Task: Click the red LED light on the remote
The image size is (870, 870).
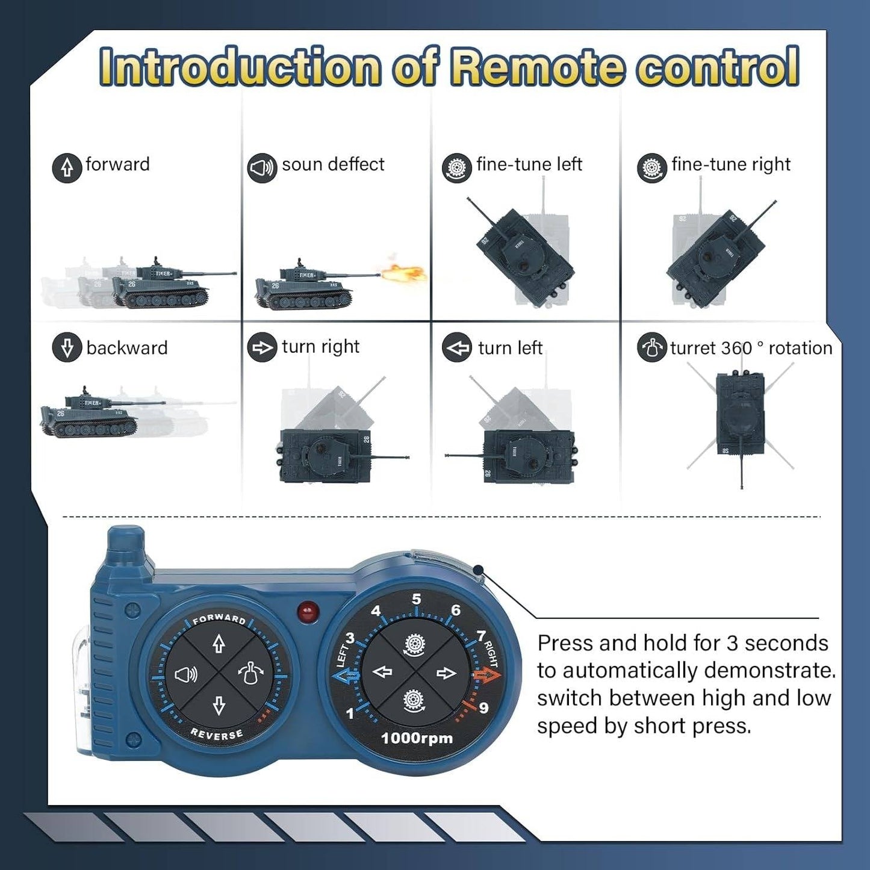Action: (x=308, y=611)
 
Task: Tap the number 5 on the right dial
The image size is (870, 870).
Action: (x=416, y=599)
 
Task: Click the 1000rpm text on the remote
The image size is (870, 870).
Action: (x=417, y=738)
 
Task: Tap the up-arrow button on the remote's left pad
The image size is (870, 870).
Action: (x=219, y=644)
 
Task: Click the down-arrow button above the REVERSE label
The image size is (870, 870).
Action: (x=219, y=705)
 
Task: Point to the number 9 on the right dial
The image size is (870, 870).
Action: (x=483, y=707)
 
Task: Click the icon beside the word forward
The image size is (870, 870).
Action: (x=67, y=167)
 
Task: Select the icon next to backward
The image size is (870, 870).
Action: (x=67, y=349)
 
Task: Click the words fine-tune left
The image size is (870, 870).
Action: (x=529, y=164)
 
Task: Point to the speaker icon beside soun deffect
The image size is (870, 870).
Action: (x=262, y=168)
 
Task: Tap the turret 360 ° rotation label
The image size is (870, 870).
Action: (x=750, y=348)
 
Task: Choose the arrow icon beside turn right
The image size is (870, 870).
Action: (x=262, y=348)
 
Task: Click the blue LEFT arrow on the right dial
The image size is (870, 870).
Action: (x=345, y=676)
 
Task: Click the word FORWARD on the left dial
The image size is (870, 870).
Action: (x=219, y=618)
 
